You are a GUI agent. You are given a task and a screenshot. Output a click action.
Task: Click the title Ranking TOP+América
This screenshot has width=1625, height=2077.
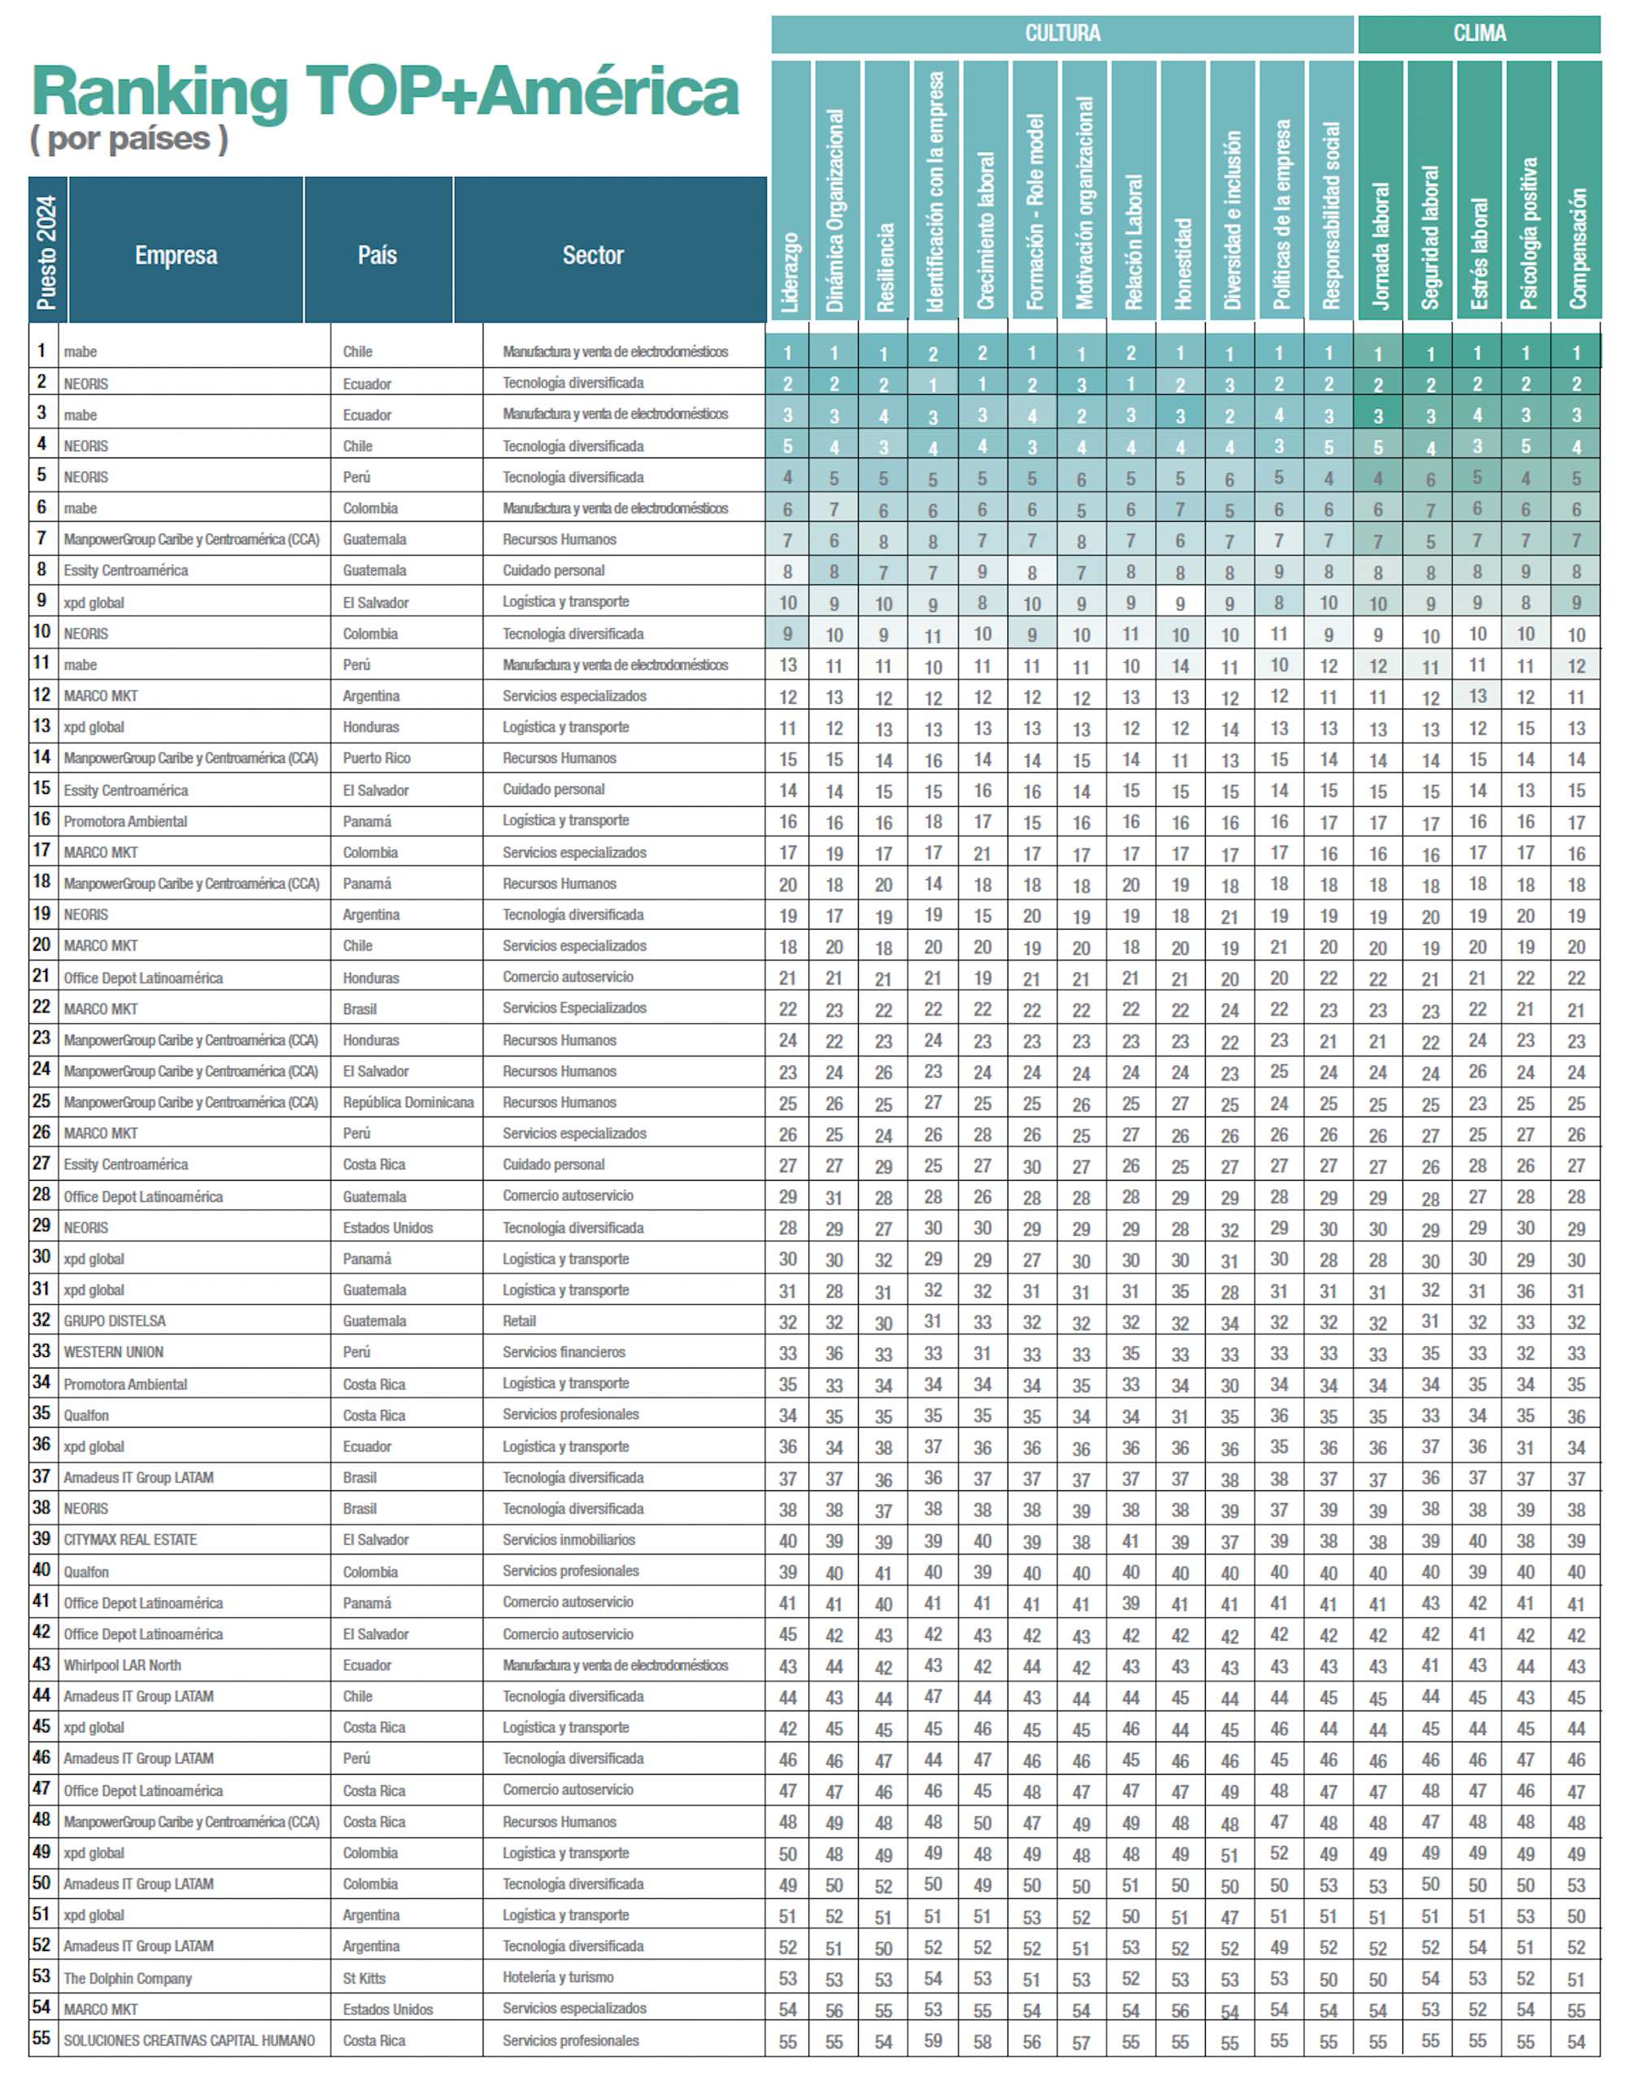click(385, 93)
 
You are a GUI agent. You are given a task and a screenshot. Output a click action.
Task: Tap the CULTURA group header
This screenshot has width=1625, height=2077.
click(1062, 34)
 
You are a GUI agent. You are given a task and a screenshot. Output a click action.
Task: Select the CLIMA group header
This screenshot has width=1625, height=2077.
click(1479, 34)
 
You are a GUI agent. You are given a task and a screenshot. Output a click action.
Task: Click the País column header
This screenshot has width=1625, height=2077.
click(378, 255)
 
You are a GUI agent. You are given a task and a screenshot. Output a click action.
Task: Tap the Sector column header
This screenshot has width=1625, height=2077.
click(593, 255)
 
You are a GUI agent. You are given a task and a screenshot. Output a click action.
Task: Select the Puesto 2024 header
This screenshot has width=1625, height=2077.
click(46, 251)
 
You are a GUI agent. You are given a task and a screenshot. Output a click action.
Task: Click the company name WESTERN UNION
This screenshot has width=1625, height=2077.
click(113, 1352)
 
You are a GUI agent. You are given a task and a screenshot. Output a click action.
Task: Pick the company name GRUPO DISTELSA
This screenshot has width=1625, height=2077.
click(115, 1320)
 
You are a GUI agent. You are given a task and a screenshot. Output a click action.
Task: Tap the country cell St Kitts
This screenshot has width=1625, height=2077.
click(364, 1978)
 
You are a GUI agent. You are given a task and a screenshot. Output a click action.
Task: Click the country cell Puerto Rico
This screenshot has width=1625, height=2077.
click(377, 758)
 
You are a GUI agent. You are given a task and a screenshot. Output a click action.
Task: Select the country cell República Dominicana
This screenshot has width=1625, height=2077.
click(408, 1102)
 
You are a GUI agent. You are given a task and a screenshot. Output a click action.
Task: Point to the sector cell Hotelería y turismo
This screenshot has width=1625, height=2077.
click(557, 1977)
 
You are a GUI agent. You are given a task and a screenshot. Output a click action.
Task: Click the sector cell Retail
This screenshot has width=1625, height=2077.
click(519, 1320)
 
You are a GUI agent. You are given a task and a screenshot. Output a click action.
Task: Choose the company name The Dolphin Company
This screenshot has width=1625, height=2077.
click(128, 1978)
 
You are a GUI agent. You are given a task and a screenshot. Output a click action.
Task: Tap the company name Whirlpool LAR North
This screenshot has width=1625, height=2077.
click(122, 1665)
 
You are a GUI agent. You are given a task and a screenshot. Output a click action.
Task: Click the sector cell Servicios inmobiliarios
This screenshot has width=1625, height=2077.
click(569, 1539)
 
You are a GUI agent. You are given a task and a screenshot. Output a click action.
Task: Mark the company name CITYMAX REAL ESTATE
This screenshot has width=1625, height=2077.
click(130, 1539)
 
